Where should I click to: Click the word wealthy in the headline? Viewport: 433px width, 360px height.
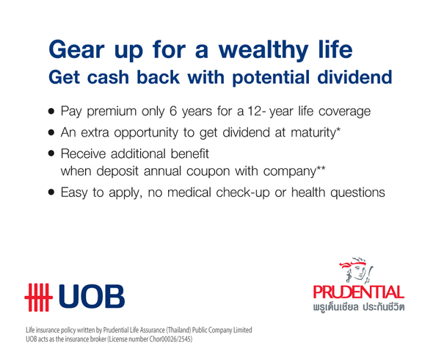pyautogui.click(x=263, y=50)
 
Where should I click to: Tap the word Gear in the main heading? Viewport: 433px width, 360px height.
pyautogui.click(x=76, y=49)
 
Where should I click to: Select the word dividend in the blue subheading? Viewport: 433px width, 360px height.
pyautogui.click(x=355, y=77)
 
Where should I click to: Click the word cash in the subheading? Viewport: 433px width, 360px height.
pyautogui.click(x=108, y=77)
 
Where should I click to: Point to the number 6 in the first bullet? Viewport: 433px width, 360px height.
pyautogui.click(x=173, y=111)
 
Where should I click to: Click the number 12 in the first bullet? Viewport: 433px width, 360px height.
pyautogui.click(x=254, y=111)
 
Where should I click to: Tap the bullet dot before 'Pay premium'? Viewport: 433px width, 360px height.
pyautogui.click(x=51, y=112)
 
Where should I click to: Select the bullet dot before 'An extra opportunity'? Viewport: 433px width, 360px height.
pyautogui.click(x=51, y=132)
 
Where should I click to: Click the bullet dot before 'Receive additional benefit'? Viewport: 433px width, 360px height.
pyautogui.click(x=51, y=154)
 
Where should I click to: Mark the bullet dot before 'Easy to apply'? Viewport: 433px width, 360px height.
pyautogui.click(x=51, y=192)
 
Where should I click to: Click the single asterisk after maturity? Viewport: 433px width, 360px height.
pyautogui.click(x=338, y=130)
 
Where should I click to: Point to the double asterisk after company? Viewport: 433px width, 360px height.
pyautogui.click(x=321, y=168)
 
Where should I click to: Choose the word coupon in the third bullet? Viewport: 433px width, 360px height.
pyautogui.click(x=208, y=172)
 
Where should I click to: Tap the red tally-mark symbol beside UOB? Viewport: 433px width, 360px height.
pyautogui.click(x=38, y=298)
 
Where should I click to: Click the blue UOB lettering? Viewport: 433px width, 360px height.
pyautogui.click(x=92, y=296)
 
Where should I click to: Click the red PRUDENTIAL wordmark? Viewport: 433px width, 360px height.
pyautogui.click(x=359, y=292)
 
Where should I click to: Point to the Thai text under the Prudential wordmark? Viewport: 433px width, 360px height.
pyautogui.click(x=359, y=307)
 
